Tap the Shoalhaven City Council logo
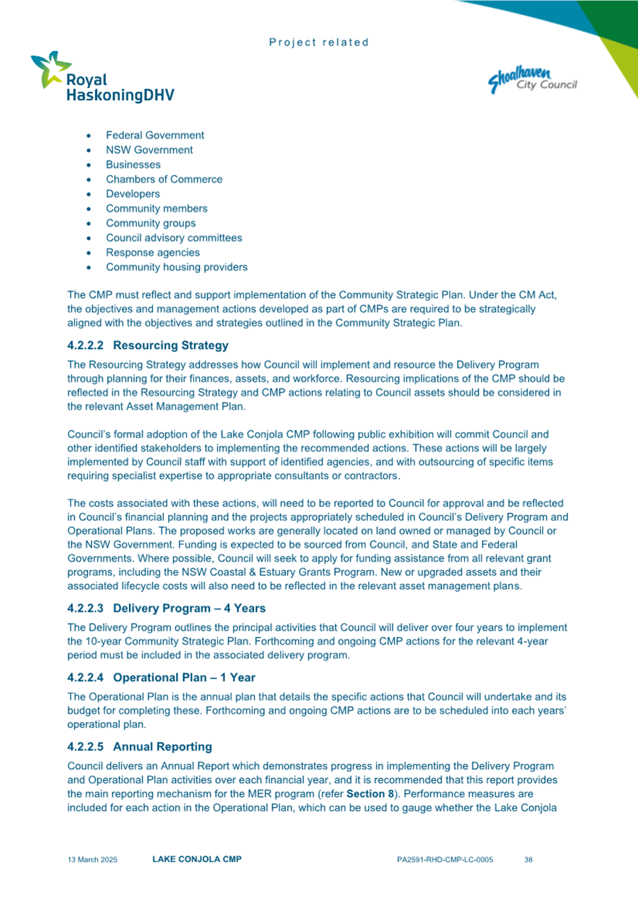point(532,80)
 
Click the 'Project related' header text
point(319,43)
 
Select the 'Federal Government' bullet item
point(155,135)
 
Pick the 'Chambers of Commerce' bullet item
point(164,179)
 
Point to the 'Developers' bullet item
point(133,194)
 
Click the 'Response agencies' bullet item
point(153,253)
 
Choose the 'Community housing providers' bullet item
point(177,267)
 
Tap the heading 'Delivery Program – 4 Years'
point(189,608)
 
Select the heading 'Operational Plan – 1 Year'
point(184,677)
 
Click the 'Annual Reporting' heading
point(162,747)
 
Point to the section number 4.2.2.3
point(86,608)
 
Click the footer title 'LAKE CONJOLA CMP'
point(197,860)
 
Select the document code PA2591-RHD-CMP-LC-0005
point(445,860)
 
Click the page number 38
point(528,860)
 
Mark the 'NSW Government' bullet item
point(149,150)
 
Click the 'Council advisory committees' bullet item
point(174,238)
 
